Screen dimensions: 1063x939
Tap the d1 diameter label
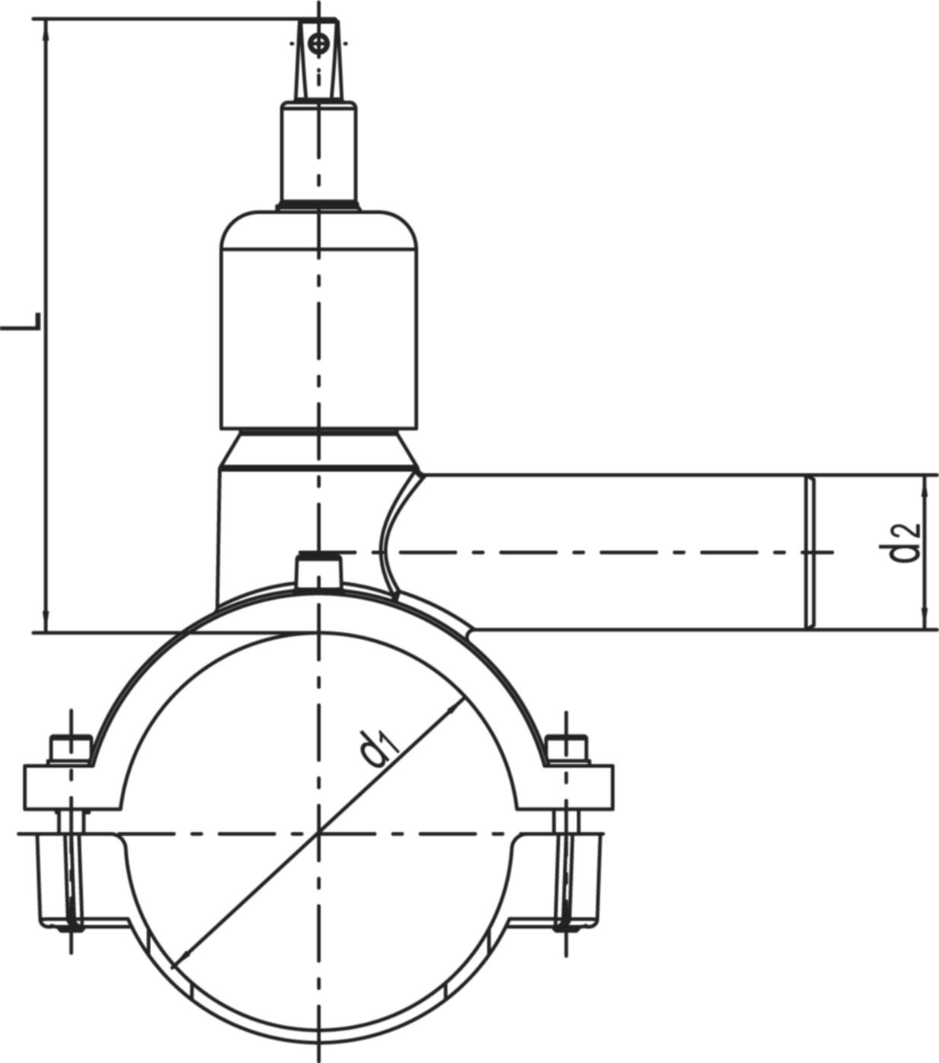(x=379, y=748)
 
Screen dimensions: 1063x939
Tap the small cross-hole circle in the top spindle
(x=318, y=43)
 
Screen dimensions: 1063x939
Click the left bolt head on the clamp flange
(x=71, y=749)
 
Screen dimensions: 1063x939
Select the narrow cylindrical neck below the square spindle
(x=318, y=152)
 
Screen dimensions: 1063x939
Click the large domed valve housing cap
(x=318, y=319)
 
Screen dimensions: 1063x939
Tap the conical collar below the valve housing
(x=318, y=448)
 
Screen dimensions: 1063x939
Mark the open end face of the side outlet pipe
(x=809, y=552)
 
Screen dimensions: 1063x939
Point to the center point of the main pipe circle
(x=318, y=834)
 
